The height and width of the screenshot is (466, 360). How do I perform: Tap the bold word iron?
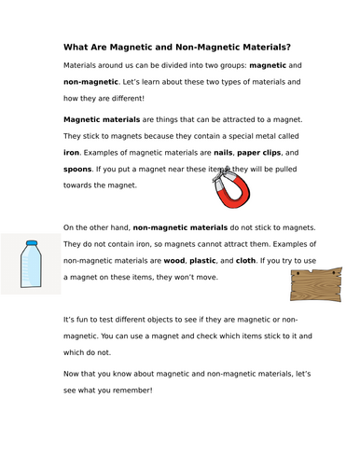(x=73, y=151)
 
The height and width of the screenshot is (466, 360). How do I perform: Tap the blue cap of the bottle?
(x=31, y=244)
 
